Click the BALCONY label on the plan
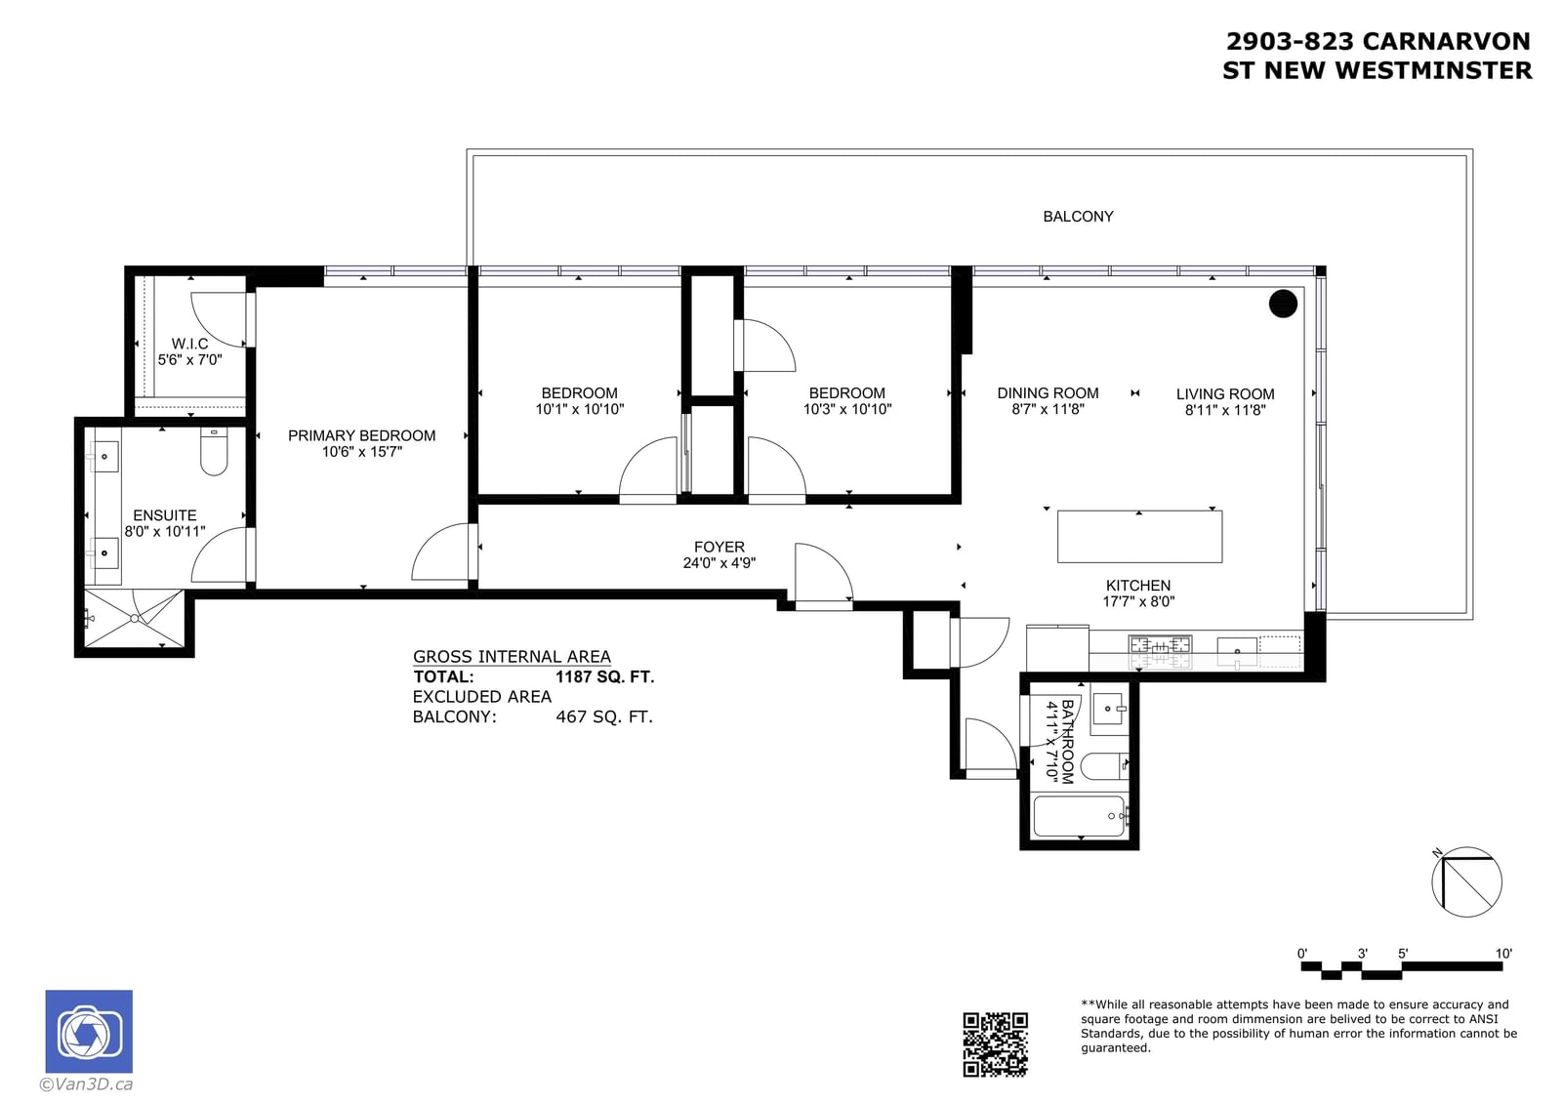(x=1078, y=217)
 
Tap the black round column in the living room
(x=1283, y=304)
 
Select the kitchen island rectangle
(x=1139, y=536)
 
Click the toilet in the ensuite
(x=214, y=451)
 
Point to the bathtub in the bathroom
(x=1079, y=815)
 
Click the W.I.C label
(x=189, y=344)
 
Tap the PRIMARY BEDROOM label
(x=362, y=436)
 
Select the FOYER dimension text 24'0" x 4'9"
(x=719, y=563)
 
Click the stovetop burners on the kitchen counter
(x=1160, y=653)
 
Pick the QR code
(x=995, y=1044)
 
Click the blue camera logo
(x=89, y=1031)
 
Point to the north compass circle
(x=1466, y=881)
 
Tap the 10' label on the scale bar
(x=1503, y=954)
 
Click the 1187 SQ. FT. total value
(x=604, y=676)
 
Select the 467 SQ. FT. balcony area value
(x=604, y=716)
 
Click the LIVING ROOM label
(x=1225, y=394)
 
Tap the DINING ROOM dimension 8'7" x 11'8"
(x=1048, y=409)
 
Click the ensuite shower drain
(x=135, y=619)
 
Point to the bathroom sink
(x=1107, y=710)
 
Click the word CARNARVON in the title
(x=1446, y=42)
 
